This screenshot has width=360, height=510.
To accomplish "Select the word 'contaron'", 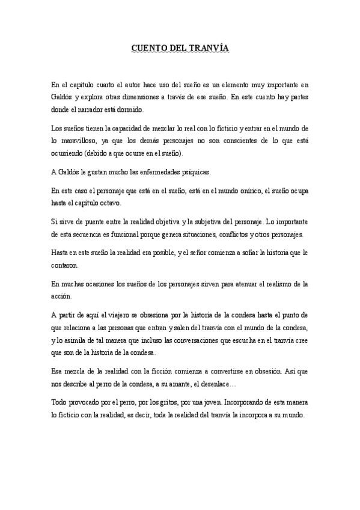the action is coord(65,266).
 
